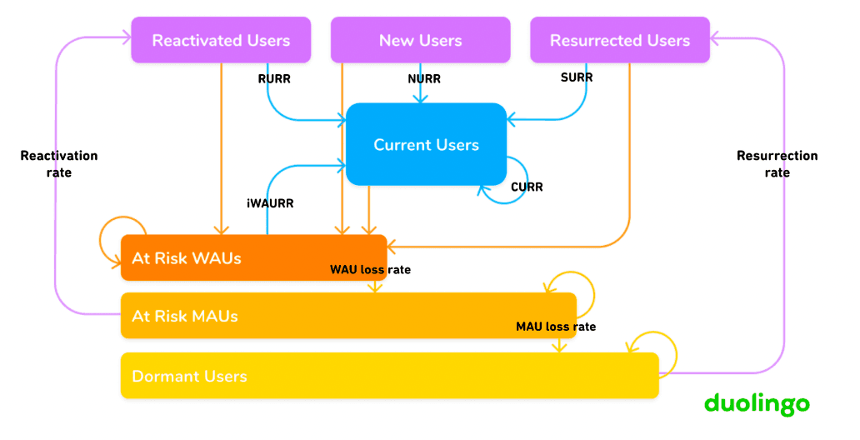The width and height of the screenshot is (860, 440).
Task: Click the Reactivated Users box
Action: tap(221, 40)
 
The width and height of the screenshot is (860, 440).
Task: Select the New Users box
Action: tap(420, 40)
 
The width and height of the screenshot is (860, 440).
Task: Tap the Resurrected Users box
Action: tap(620, 40)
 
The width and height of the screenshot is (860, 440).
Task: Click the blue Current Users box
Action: tap(426, 144)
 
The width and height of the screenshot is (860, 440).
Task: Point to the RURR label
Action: tap(274, 79)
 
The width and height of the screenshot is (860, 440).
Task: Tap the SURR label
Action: tap(577, 77)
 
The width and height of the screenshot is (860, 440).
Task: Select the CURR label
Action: tap(527, 187)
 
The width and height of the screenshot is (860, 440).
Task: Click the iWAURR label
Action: tap(270, 202)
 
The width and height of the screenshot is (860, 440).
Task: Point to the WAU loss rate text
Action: tap(370, 270)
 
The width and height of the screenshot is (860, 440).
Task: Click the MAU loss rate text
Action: tap(556, 327)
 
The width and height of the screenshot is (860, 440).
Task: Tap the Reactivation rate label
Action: tap(59, 164)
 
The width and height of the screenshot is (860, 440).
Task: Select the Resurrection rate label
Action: tap(777, 164)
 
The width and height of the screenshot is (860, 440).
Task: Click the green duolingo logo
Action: tap(757, 405)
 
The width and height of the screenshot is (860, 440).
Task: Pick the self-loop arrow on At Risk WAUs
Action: tap(122, 233)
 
